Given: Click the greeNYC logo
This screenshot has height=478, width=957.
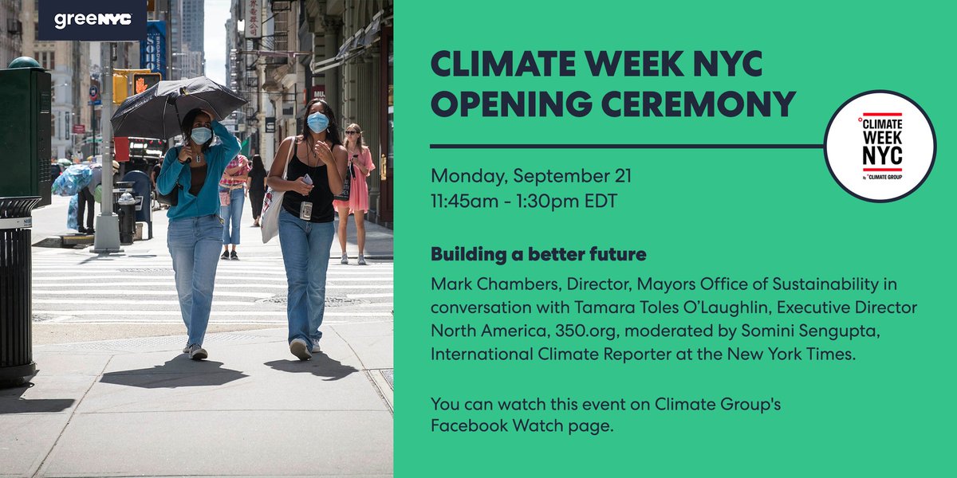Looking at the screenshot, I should click(93, 20).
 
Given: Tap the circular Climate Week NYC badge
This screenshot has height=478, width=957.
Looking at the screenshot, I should click(879, 146).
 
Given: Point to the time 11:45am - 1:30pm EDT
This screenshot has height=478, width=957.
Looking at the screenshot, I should click(523, 202).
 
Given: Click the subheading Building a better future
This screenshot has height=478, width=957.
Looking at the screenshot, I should click(538, 255).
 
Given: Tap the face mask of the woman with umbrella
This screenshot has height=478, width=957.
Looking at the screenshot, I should click(201, 135).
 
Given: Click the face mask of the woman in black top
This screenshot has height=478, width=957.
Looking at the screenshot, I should click(317, 122).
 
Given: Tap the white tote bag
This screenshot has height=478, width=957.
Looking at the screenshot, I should click(273, 206).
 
